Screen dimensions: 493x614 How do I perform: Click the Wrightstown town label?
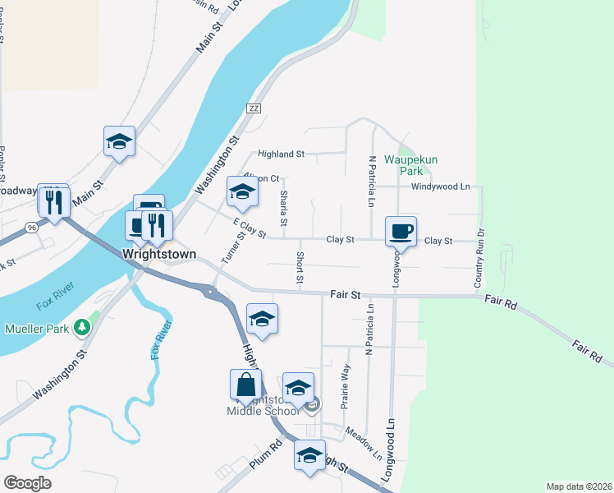click(x=159, y=255)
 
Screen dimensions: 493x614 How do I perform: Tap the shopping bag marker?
click(x=245, y=385)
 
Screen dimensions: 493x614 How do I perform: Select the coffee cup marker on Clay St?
click(x=401, y=231)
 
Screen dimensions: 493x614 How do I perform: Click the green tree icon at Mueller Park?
click(x=81, y=328)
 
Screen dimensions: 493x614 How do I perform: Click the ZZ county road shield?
click(x=253, y=108)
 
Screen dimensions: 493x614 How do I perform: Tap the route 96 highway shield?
click(x=30, y=227)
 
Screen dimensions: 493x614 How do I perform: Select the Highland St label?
click(x=281, y=154)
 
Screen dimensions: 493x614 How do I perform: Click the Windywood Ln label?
click(x=444, y=187)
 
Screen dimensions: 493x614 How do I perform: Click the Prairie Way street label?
click(x=346, y=386)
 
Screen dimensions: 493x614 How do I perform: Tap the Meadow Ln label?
click(x=364, y=443)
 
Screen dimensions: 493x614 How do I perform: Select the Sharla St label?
click(x=284, y=208)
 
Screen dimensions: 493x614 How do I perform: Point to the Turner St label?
click(x=233, y=248)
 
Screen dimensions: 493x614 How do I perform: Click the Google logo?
click(x=27, y=483)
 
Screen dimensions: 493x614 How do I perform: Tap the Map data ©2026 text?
click(x=578, y=486)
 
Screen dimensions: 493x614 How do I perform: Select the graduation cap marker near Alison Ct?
click(x=242, y=192)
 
